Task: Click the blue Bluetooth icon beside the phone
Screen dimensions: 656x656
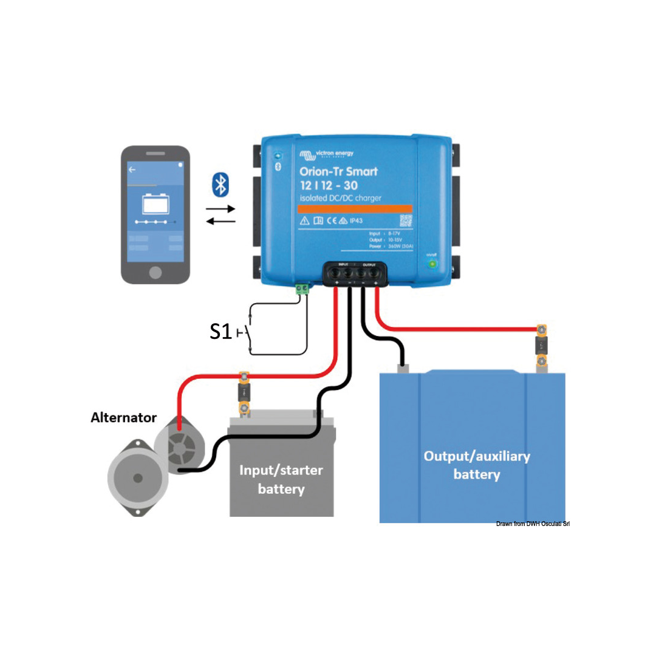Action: coord(219,185)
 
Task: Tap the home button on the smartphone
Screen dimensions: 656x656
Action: coord(155,270)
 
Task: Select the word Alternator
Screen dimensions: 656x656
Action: coord(124,418)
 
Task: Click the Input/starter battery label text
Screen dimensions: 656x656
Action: coord(281,479)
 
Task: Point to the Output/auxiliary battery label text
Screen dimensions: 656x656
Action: coord(476,465)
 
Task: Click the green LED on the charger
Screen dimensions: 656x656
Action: coord(432,264)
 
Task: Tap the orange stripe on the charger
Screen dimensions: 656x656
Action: coord(355,208)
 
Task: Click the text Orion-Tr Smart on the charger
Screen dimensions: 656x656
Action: coord(338,172)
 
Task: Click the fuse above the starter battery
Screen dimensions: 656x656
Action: coord(244,394)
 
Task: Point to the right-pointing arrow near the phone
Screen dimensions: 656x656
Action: coord(219,208)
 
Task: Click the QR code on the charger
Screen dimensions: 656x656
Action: coord(406,221)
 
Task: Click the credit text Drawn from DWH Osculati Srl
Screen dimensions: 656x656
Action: coord(532,524)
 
